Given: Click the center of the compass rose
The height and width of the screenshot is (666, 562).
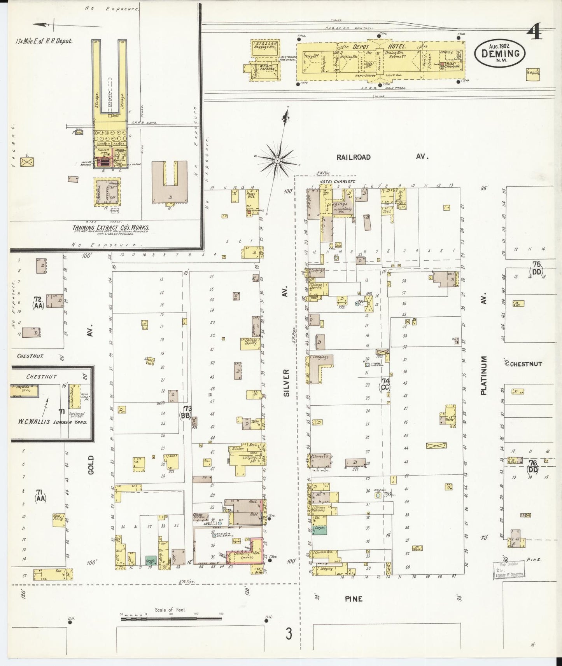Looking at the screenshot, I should tap(277, 160).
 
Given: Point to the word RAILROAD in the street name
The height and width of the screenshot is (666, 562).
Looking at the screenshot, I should tap(354, 157).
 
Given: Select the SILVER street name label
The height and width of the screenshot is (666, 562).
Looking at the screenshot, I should tap(287, 383).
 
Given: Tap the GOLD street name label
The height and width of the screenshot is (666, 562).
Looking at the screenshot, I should tap(91, 464).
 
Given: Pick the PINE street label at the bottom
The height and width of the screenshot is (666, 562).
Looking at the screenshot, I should tap(354, 599).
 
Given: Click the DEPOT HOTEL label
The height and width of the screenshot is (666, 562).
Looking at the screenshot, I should tap(375, 46).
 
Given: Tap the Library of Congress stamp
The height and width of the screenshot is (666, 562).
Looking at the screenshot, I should tap(508, 570).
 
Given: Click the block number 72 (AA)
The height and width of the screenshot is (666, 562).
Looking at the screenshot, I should tap(38, 302).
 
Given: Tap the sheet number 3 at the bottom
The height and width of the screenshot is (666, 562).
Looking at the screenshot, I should tap(289, 634).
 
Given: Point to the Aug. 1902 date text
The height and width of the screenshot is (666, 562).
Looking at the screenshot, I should tap(499, 45).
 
